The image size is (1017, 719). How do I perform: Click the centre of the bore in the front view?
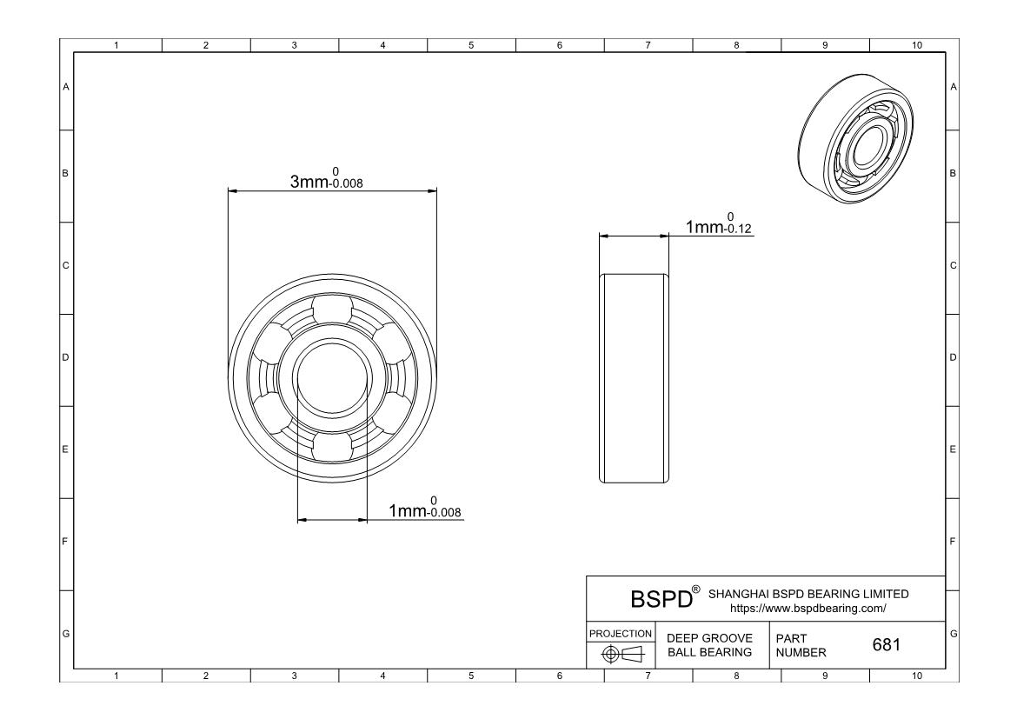[x=332, y=377]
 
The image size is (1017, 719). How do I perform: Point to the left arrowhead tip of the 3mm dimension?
[x=229, y=190]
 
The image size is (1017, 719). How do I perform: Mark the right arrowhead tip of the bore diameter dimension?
[x=367, y=520]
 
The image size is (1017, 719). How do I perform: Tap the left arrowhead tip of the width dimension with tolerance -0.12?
[x=599, y=236]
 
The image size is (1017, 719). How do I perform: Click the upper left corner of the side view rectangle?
[x=599, y=274]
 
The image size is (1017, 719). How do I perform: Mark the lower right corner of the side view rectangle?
[x=668, y=483]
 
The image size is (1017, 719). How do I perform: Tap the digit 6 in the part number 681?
[x=878, y=644]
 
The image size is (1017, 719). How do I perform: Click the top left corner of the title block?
[x=587, y=576]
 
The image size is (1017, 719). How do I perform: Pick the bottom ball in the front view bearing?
[x=332, y=447]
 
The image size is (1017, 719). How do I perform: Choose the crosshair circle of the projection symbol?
[x=609, y=654]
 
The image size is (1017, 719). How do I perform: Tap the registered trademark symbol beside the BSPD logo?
[x=696, y=589]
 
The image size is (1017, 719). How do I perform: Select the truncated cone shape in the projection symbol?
[x=633, y=654]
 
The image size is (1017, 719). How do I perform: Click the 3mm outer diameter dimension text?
[x=326, y=178]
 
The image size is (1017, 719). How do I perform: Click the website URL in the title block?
[x=808, y=609]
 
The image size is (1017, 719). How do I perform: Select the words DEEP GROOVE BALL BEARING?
[x=709, y=645]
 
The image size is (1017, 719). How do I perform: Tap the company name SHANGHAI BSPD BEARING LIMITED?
[x=808, y=594]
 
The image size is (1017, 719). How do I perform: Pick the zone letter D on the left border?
[x=65, y=357]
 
